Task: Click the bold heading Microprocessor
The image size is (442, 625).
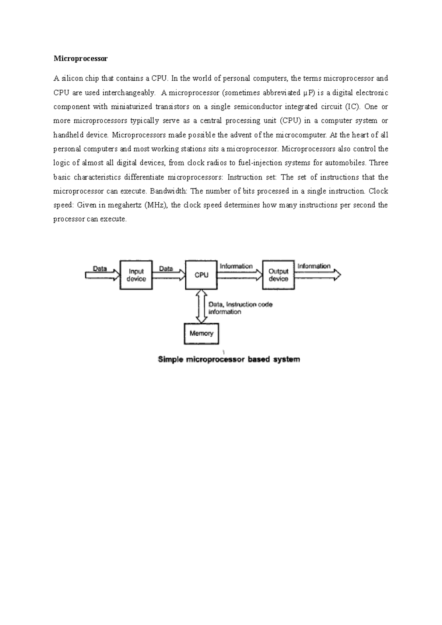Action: pyautogui.click(x=80, y=59)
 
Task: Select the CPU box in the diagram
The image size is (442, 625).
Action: pyautogui.click(x=201, y=275)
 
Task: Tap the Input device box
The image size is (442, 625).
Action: pyautogui.click(x=136, y=275)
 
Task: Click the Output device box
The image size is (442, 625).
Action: pyautogui.click(x=278, y=275)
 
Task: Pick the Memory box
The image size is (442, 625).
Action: pyautogui.click(x=201, y=333)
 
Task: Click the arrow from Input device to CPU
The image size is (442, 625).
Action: pyautogui.click(x=168, y=275)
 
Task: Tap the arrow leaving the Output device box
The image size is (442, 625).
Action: pyautogui.click(x=318, y=275)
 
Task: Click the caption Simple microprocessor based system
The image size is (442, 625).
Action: pyautogui.click(x=229, y=359)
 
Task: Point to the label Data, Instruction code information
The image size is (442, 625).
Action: pyautogui.click(x=240, y=308)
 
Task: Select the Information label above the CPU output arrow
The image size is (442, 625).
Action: pyautogui.click(x=236, y=266)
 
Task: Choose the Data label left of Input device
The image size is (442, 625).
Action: pyautogui.click(x=100, y=269)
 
